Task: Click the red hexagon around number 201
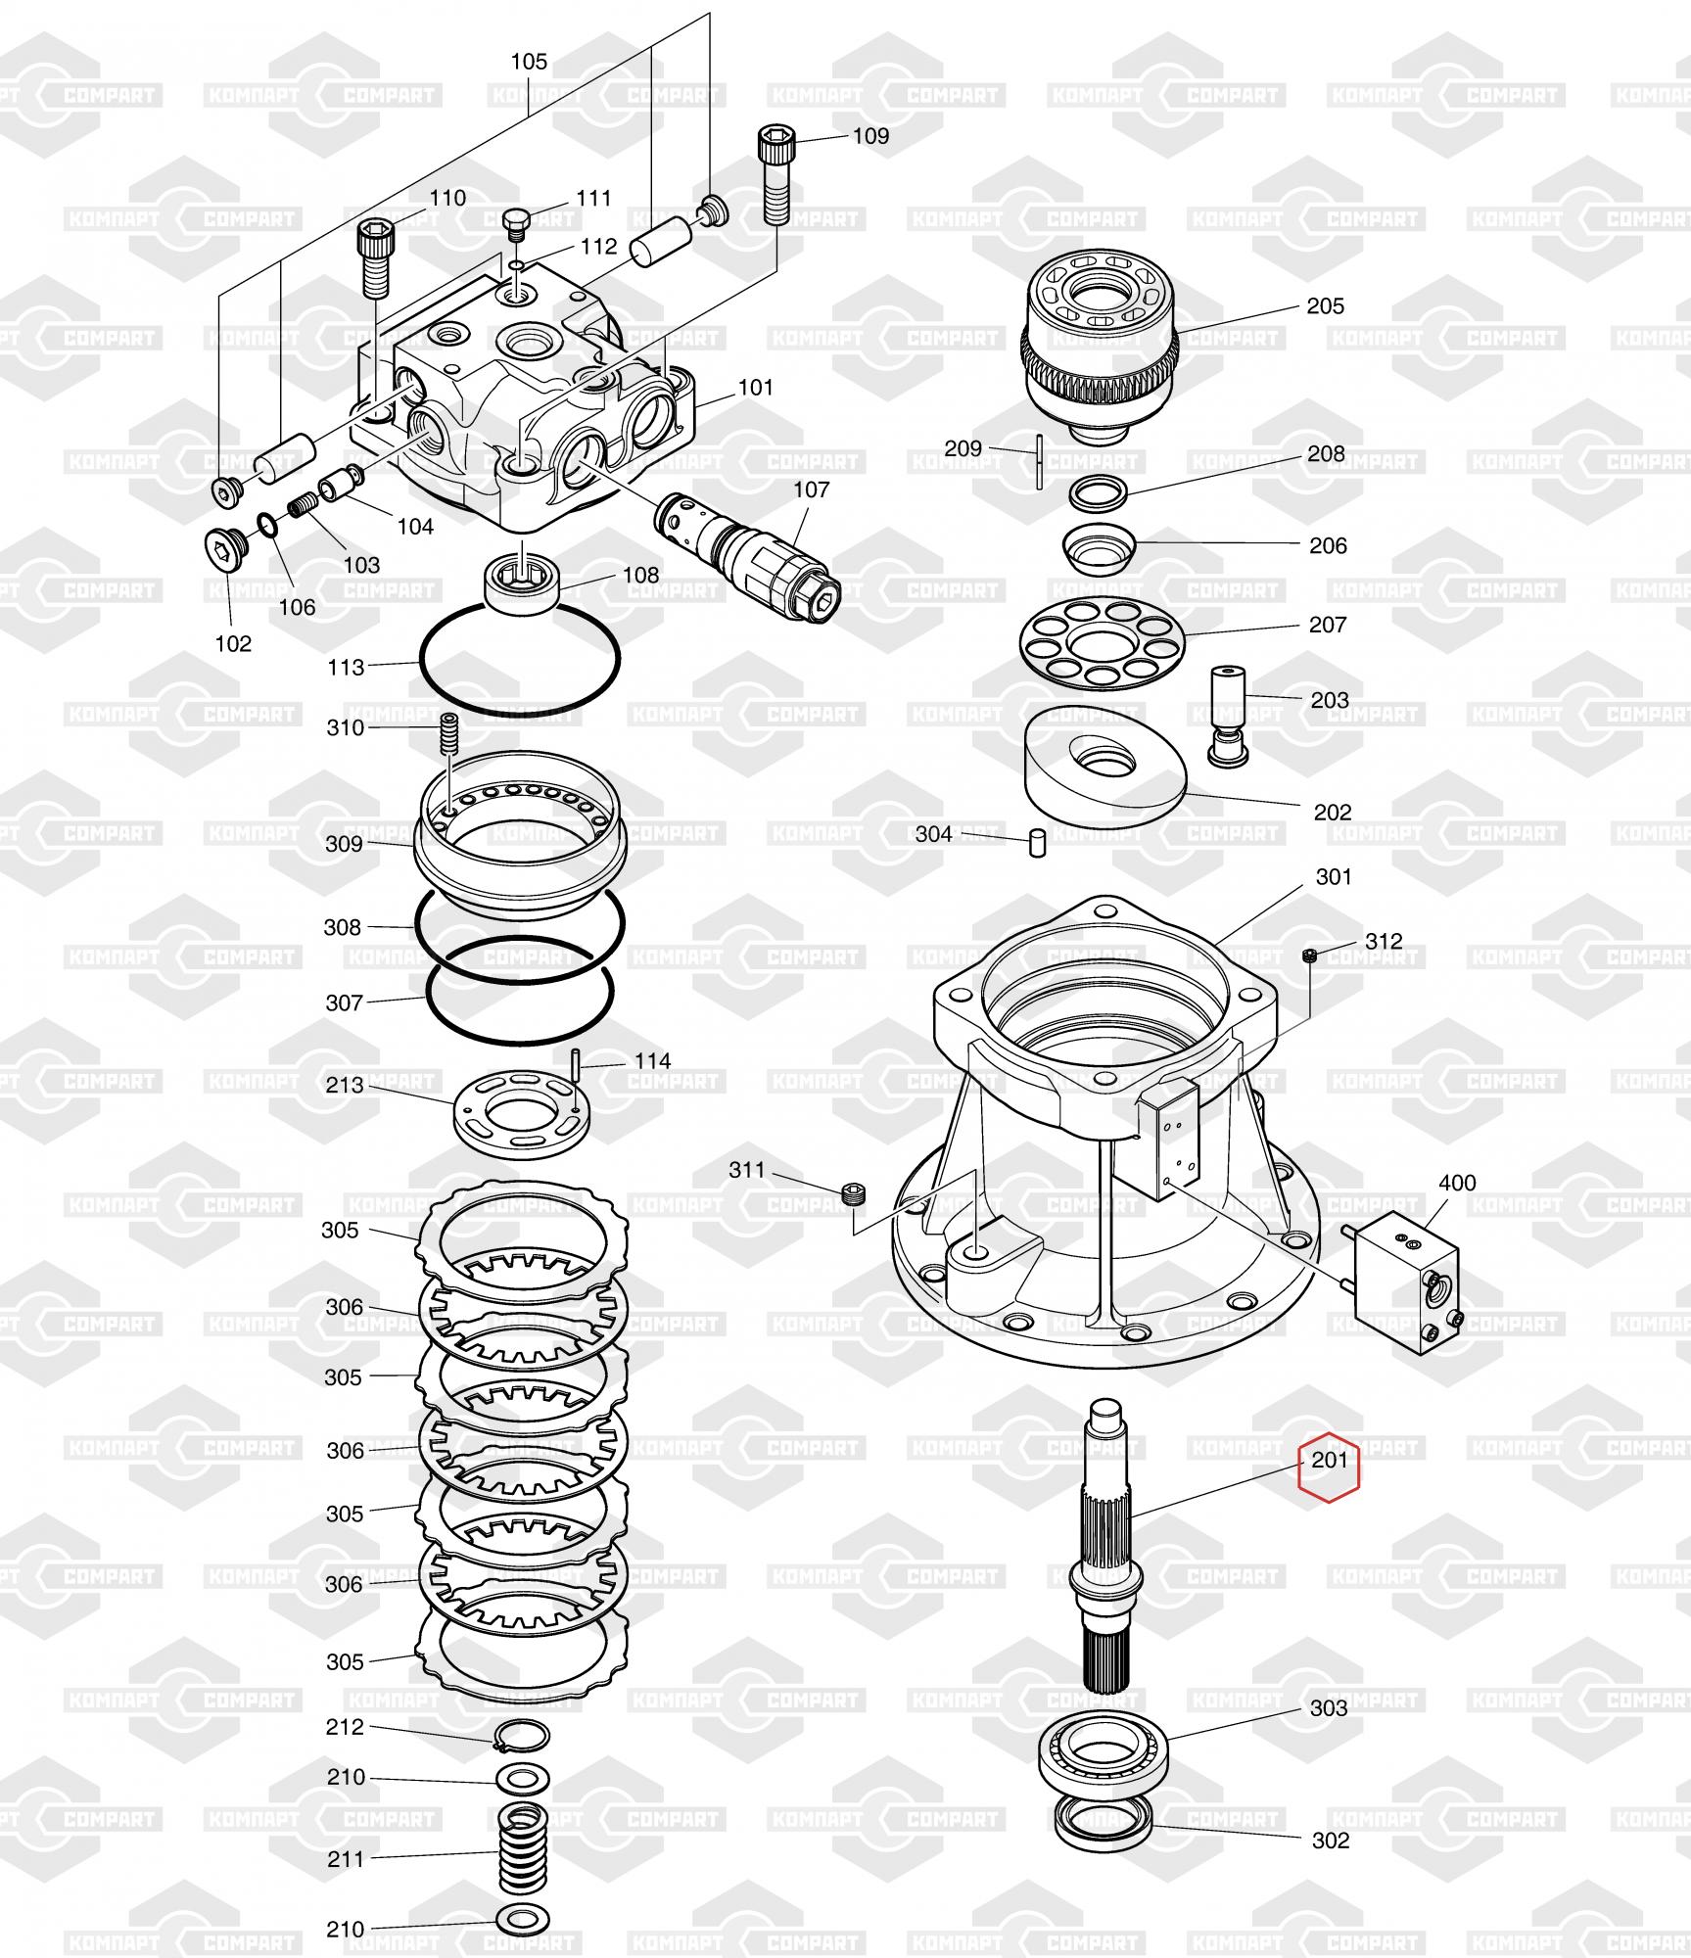pos(1329,1469)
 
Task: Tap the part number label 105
pos(529,62)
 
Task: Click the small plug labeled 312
pos(1310,956)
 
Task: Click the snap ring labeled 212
pos(521,1735)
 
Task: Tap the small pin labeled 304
pos(1038,842)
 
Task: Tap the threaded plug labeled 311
pos(855,1193)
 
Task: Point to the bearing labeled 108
pos(523,585)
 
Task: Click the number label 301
pos(1333,877)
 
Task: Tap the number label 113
pos(346,668)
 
